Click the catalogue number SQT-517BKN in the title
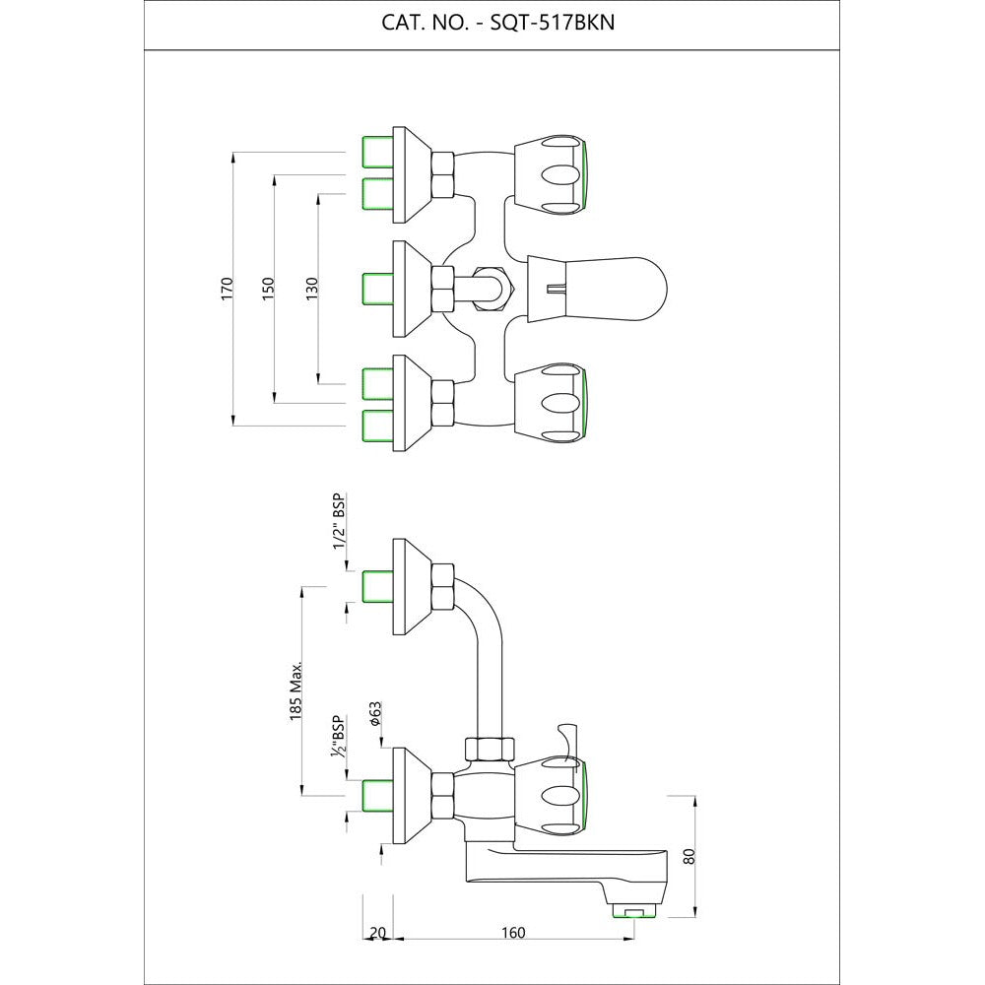tap(552, 24)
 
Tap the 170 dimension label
tap(227, 289)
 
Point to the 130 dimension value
tap(311, 289)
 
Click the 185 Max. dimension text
tap(295, 690)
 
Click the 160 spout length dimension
tap(513, 933)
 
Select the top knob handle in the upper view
tap(552, 174)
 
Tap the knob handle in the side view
tap(554, 793)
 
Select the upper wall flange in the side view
tap(409, 588)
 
